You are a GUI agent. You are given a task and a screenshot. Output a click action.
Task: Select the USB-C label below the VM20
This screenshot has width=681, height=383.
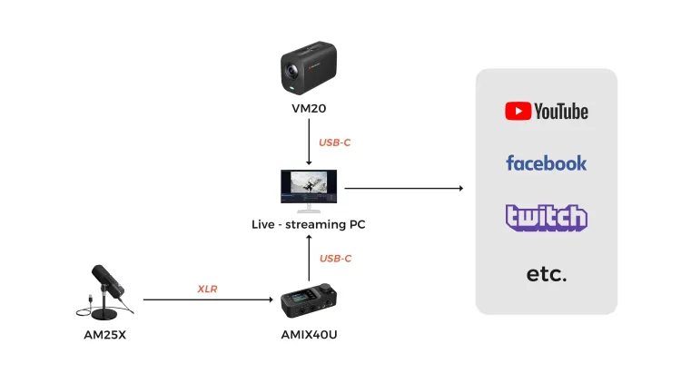335,142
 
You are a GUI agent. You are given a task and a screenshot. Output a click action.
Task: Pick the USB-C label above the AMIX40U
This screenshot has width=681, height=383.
335,259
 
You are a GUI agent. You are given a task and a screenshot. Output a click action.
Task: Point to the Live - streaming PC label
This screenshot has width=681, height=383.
310,222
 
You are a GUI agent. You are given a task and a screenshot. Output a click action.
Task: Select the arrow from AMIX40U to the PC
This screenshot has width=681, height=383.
310,259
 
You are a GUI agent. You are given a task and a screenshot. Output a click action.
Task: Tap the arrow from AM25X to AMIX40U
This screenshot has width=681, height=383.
209,299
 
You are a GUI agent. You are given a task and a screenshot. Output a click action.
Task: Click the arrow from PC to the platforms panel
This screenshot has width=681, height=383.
403,189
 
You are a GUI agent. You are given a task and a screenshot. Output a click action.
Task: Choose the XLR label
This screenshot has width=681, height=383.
208,289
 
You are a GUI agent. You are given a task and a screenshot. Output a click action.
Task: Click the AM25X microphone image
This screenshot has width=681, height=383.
106,290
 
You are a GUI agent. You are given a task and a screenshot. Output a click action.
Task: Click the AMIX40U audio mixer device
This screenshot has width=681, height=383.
310,302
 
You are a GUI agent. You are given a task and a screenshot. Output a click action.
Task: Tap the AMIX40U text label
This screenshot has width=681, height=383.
310,335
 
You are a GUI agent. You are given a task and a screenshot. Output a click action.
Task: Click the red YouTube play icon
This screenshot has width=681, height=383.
518,111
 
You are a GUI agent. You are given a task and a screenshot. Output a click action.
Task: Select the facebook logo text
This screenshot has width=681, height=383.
547,163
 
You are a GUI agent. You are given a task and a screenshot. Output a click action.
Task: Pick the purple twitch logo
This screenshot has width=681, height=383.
547,218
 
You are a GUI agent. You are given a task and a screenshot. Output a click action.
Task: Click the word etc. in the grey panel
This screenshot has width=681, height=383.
547,273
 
